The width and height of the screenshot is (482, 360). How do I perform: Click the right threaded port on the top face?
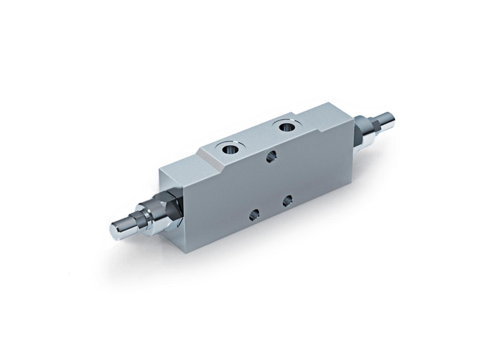[x=286, y=127]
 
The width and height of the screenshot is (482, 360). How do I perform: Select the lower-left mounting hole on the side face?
[x=254, y=215]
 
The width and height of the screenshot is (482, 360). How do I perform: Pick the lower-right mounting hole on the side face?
[x=287, y=201]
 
